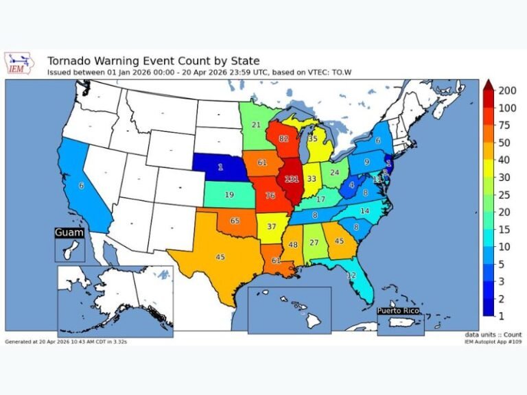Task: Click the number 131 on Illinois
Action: pos(292,180)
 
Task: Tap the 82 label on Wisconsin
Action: pos(284,139)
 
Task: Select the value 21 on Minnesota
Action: pos(256,125)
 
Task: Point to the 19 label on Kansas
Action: pos(229,195)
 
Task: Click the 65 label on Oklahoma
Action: pos(235,222)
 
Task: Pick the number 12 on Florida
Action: pos(351,275)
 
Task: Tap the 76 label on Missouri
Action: pos(270,195)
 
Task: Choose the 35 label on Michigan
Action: pos(313,139)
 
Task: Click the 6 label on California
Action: pos(81,186)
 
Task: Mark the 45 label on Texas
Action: pos(220,256)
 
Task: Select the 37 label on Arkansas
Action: pos(272,226)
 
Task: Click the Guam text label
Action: pos(69,233)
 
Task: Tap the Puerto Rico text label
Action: pos(398,311)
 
